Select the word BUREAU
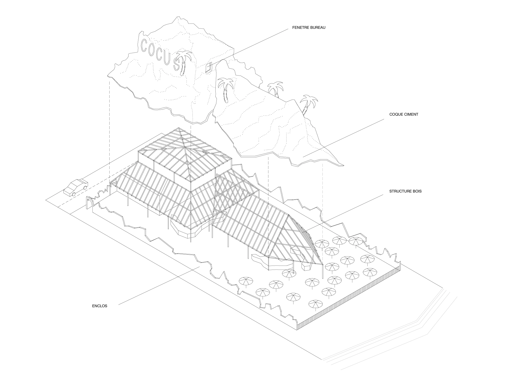coord(318,28)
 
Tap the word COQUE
coord(396,114)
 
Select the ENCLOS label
coord(99,306)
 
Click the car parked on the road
coord(75,187)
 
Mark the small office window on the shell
coord(208,67)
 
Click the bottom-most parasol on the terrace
coord(316,304)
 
